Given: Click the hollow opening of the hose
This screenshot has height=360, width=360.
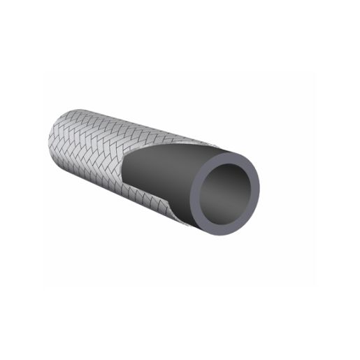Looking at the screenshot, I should [229, 185].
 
